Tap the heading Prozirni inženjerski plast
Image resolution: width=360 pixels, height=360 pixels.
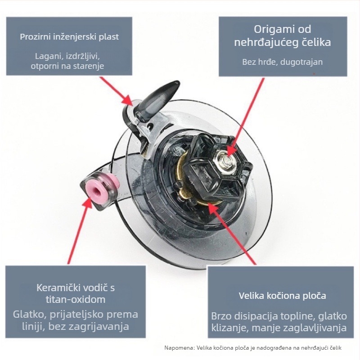69,37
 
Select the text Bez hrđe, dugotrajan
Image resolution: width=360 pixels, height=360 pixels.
283,62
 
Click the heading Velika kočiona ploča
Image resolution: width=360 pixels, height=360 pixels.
283,296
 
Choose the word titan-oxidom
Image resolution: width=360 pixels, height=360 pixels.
76,299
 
